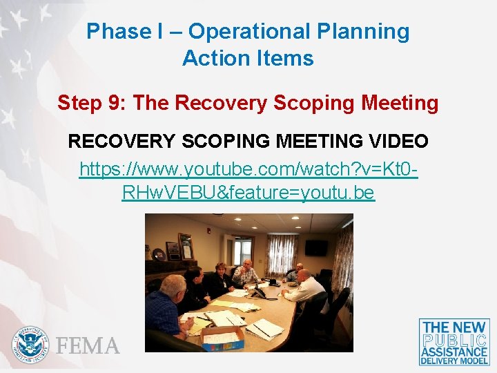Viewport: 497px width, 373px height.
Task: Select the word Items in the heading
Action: click(x=286, y=58)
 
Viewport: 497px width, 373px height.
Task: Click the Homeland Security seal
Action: click(x=30, y=344)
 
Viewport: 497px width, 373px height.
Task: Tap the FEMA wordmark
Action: click(x=88, y=345)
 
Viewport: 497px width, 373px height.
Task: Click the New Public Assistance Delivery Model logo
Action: click(x=454, y=341)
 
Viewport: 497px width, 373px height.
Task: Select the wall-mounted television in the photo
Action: click(x=317, y=247)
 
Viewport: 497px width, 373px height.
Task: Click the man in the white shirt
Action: click(x=304, y=287)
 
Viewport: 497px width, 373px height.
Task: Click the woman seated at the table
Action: click(x=220, y=280)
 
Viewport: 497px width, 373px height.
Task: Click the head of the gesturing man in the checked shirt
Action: click(x=247, y=264)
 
